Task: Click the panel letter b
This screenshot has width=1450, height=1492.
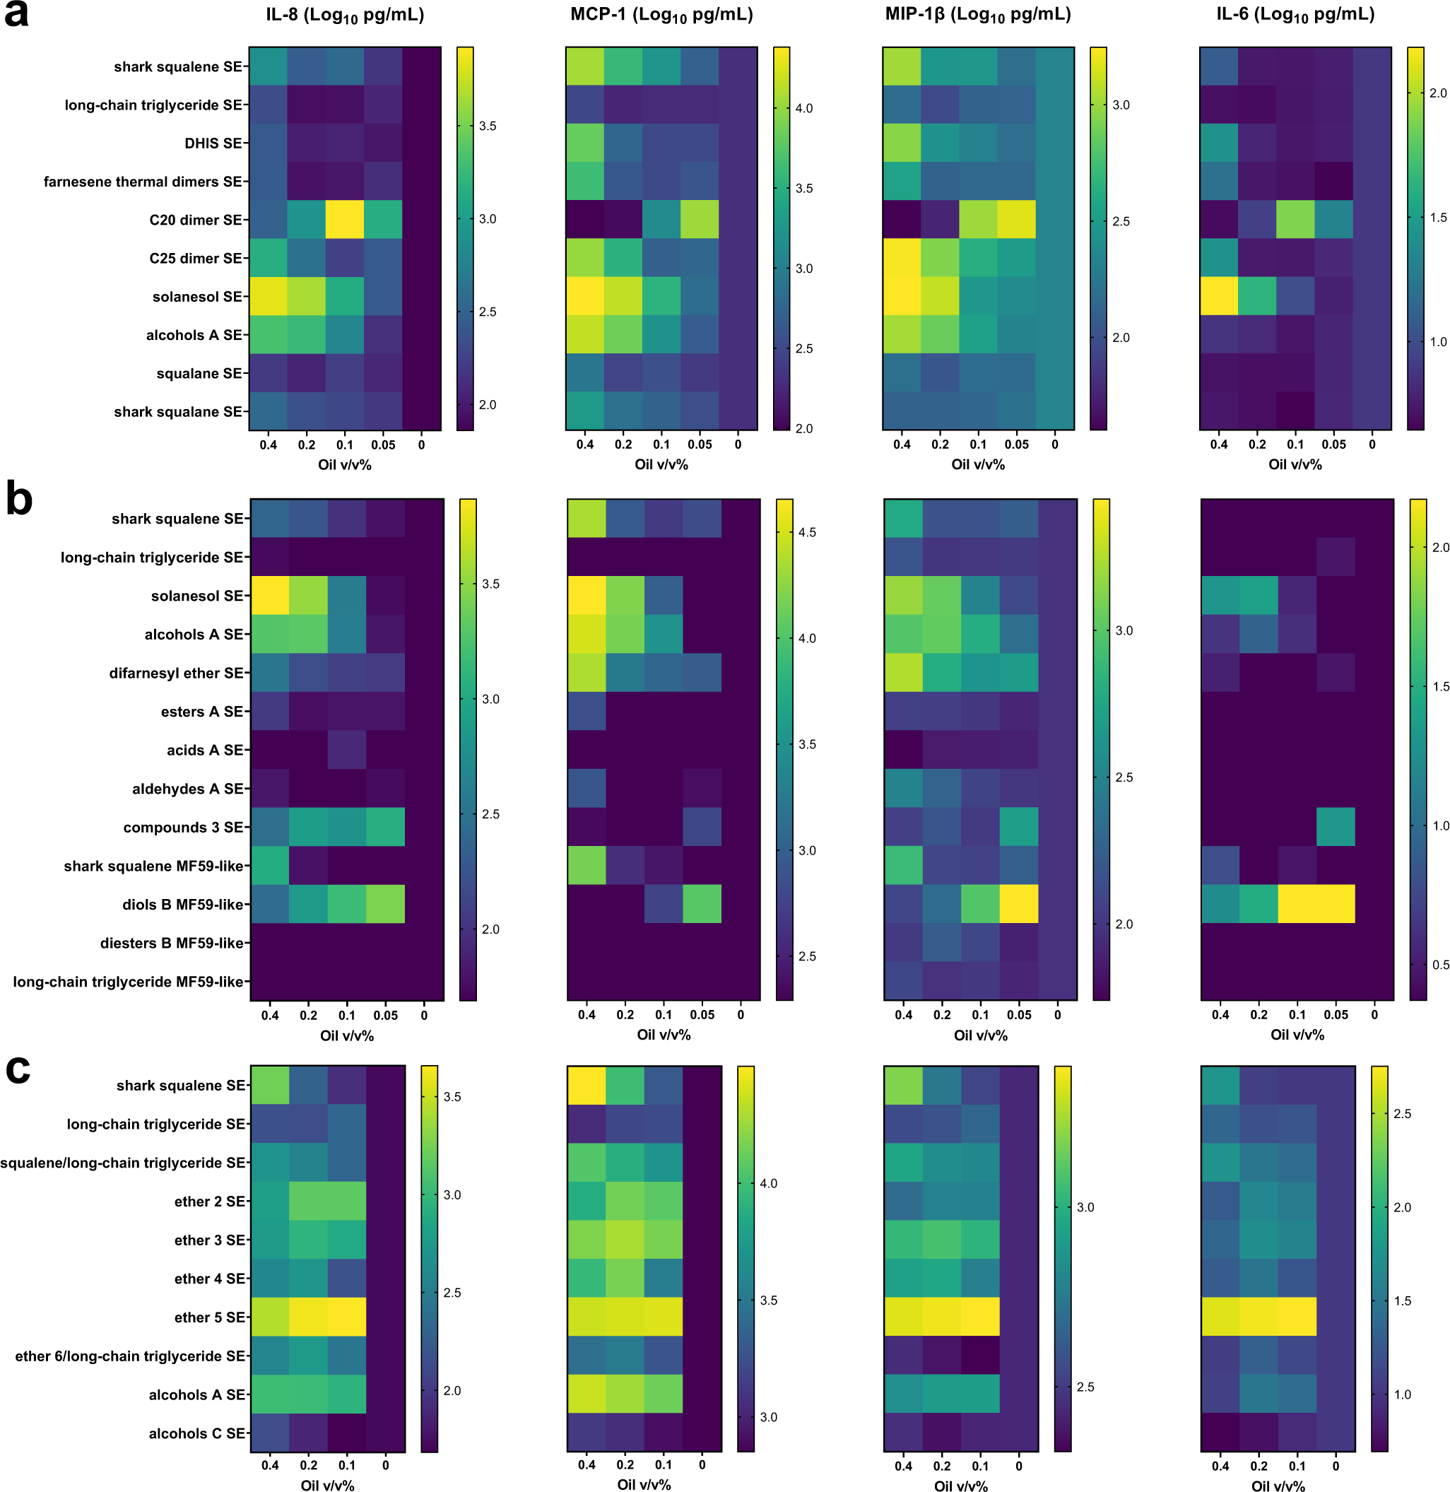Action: [18, 500]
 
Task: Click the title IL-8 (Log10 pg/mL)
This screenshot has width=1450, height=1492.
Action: [345, 16]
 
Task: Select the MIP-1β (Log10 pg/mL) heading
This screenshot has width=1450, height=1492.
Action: [978, 16]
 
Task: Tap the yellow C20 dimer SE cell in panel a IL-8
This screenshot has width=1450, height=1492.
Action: [345, 219]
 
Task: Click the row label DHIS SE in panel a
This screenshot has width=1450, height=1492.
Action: [213, 143]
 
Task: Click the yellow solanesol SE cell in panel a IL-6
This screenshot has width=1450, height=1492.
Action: [1218, 296]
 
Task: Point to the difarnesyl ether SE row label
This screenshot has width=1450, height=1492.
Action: [176, 674]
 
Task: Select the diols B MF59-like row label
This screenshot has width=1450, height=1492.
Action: [183, 905]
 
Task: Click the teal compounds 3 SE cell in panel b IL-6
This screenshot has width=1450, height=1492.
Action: [1336, 827]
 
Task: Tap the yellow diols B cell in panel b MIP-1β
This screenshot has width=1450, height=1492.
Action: [1019, 904]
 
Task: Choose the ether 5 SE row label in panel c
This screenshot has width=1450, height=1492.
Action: [209, 1317]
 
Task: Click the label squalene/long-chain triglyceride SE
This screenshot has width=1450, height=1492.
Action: [123, 1163]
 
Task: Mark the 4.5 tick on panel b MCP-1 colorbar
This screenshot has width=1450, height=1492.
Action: [806, 532]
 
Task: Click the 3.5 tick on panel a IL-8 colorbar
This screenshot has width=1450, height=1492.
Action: [488, 127]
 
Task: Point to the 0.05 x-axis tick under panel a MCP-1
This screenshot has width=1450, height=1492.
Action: [700, 445]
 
